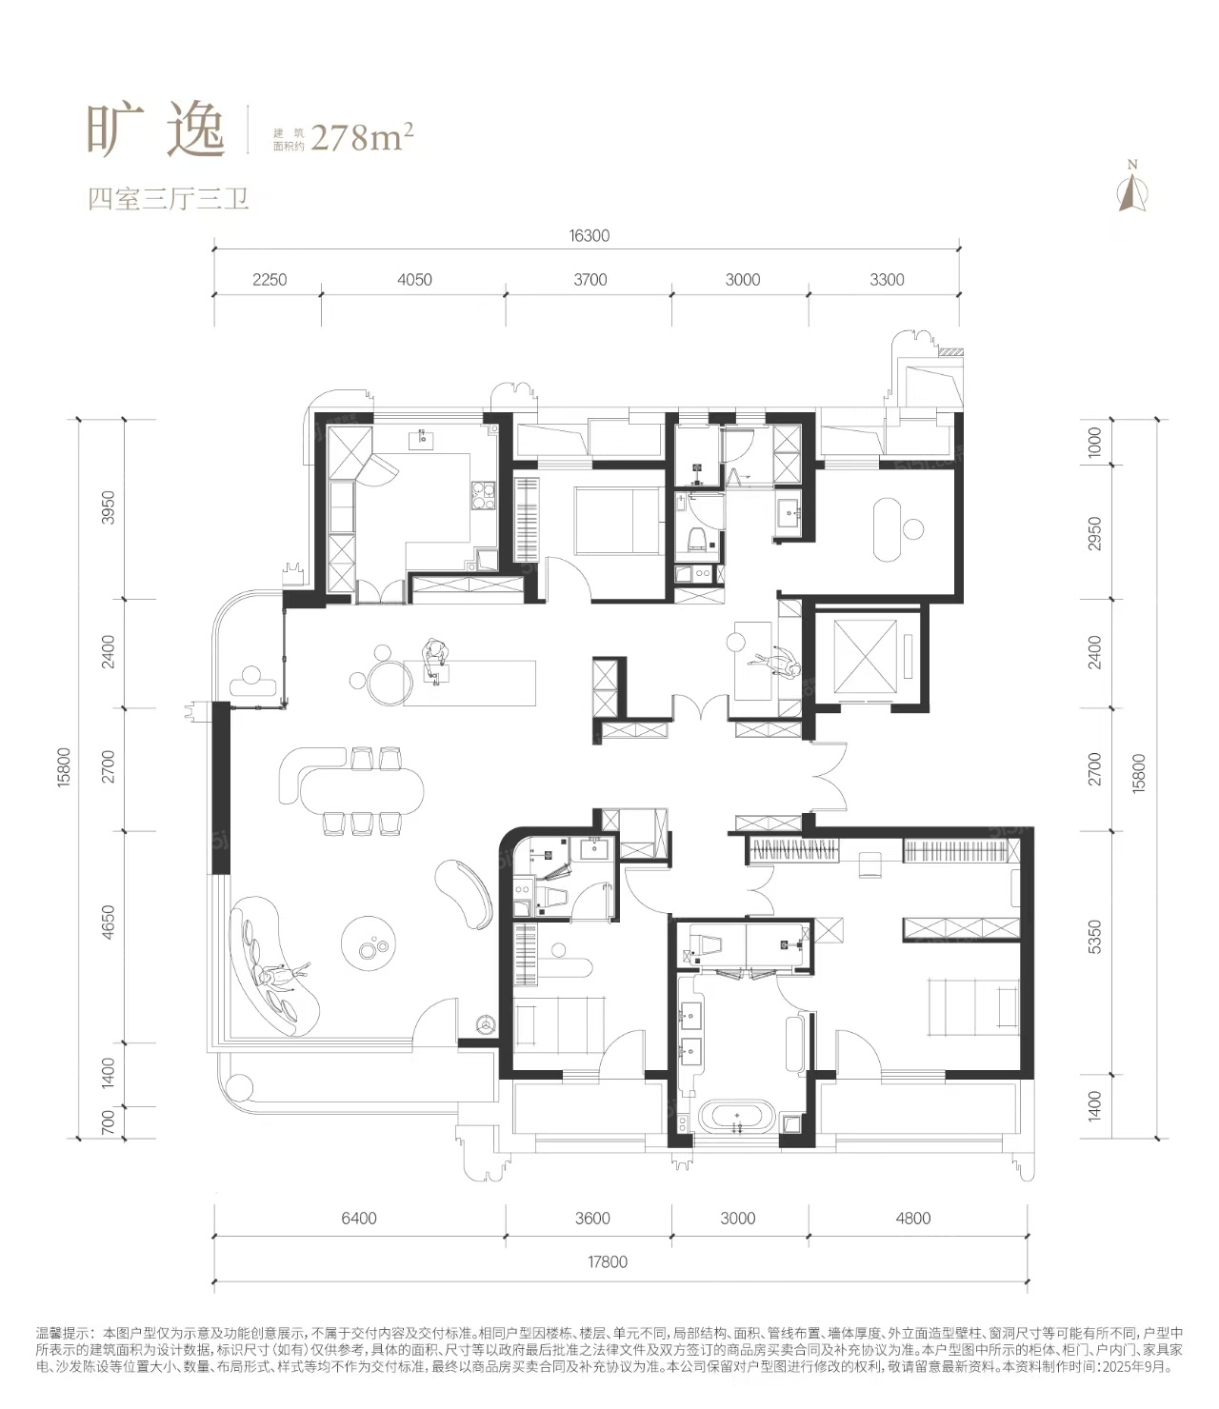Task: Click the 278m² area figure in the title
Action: point(362,138)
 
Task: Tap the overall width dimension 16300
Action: point(590,236)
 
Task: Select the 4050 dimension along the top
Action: point(414,280)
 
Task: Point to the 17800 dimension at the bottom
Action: point(607,1261)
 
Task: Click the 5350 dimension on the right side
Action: point(1094,937)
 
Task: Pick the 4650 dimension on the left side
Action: point(109,923)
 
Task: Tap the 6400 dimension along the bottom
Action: point(359,1219)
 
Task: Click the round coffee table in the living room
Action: point(369,943)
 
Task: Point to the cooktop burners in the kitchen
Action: point(483,496)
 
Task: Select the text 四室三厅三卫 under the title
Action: point(169,199)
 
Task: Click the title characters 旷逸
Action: point(156,130)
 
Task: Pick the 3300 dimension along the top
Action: point(887,280)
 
